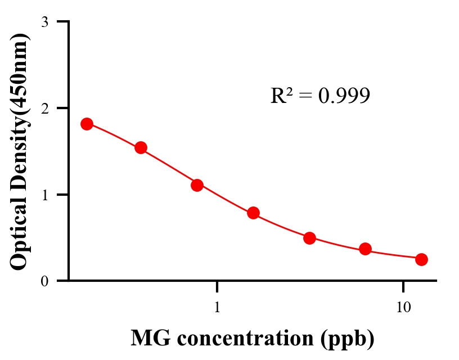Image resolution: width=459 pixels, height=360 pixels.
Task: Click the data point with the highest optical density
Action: (87, 124)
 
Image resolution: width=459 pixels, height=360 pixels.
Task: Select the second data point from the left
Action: (141, 148)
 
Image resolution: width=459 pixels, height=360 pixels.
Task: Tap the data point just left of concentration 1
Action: (197, 185)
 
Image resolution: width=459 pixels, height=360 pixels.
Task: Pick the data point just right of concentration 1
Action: (253, 213)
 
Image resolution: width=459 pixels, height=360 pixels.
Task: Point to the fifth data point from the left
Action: (309, 238)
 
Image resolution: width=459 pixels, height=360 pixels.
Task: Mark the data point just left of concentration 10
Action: (365, 249)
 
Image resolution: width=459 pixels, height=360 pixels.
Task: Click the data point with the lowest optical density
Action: (421, 259)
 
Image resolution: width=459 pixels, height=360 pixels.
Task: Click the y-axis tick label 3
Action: (44, 22)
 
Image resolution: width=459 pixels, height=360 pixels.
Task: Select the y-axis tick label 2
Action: (44, 108)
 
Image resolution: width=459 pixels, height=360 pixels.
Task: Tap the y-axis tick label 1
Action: (44, 195)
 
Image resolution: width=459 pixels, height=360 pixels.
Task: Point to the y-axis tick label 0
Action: (44, 281)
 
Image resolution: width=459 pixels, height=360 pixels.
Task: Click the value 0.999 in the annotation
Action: (344, 96)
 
